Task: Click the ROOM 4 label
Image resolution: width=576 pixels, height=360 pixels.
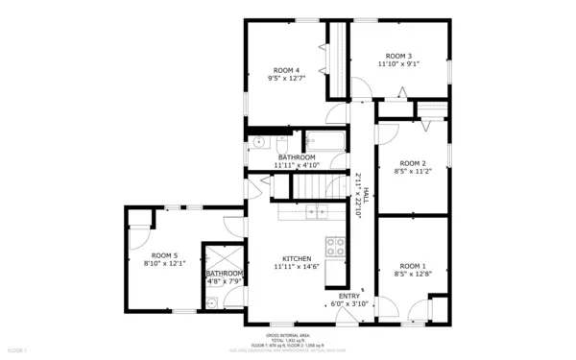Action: click(286, 70)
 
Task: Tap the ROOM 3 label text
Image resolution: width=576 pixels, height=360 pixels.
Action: click(398, 57)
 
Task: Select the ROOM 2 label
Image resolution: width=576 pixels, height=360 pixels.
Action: click(412, 163)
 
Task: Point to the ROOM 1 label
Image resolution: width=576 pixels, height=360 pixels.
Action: click(412, 265)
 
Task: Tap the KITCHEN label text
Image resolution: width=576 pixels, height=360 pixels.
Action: click(297, 258)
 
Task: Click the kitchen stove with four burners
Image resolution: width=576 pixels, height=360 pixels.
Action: click(335, 246)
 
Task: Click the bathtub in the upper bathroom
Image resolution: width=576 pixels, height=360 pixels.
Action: click(327, 142)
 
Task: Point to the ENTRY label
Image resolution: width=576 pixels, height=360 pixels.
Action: click(348, 296)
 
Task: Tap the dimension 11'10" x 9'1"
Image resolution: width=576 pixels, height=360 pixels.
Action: click(398, 65)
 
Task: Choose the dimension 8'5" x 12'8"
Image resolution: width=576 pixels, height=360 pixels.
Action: click(412, 274)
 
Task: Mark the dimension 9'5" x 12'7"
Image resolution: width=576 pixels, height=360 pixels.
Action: click(286, 79)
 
